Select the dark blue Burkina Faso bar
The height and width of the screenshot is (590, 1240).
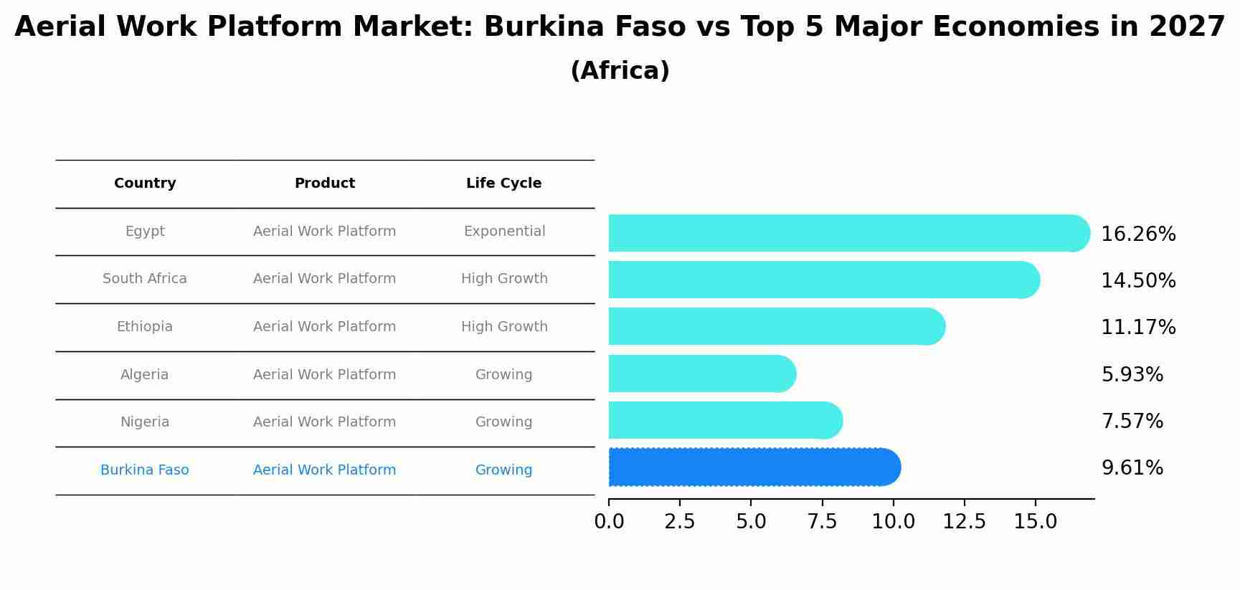[753, 467]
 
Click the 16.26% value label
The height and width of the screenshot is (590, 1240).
[1138, 234]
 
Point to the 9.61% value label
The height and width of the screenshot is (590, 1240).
[1132, 468]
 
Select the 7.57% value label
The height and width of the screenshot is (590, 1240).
[1132, 422]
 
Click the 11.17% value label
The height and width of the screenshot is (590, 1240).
[1138, 328]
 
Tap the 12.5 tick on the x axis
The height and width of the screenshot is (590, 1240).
[964, 522]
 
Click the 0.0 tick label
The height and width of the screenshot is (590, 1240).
[609, 522]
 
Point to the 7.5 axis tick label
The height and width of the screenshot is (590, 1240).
[822, 522]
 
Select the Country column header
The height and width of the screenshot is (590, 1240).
[145, 184]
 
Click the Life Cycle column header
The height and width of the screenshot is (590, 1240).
[503, 184]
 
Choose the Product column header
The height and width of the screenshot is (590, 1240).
[324, 184]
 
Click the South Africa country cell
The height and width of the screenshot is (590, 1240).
[145, 279]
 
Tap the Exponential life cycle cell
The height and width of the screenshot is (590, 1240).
[504, 232]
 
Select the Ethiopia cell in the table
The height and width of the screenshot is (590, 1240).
[145, 327]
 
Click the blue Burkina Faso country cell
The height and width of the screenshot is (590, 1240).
[145, 470]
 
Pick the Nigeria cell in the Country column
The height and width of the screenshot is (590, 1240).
[145, 422]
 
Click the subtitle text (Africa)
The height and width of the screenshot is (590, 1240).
[620, 71]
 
